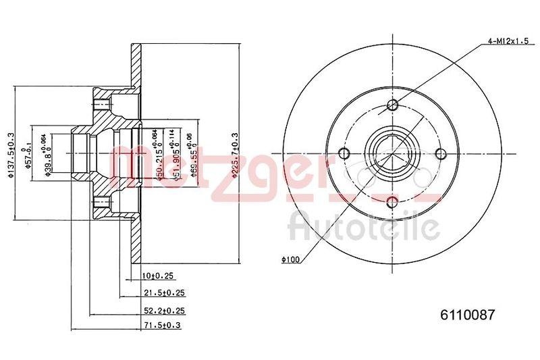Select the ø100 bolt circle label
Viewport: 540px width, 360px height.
click(x=290, y=258)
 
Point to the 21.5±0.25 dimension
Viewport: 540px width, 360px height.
click(x=164, y=293)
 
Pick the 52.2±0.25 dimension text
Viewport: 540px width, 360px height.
click(x=164, y=311)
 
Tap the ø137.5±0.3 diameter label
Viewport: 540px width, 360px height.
click(x=10, y=156)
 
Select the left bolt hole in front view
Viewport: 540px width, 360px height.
click(x=345, y=153)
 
